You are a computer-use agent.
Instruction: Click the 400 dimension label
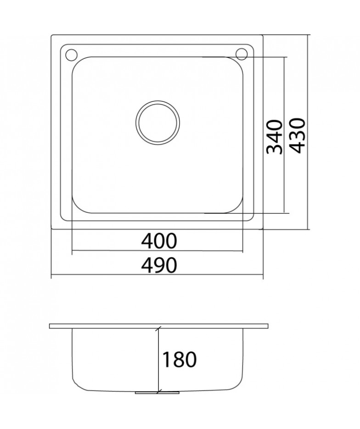tap(159, 241)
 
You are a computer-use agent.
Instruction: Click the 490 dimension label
tap(159, 265)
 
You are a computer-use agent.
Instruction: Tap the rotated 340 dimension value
tap(274, 137)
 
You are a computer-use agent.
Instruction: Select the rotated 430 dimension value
tap(297, 136)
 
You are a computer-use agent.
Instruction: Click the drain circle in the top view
tap(157, 123)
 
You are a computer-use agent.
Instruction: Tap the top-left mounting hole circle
tap(72, 54)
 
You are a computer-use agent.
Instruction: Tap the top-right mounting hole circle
tap(242, 54)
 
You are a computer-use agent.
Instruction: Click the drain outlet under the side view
tap(157, 392)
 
